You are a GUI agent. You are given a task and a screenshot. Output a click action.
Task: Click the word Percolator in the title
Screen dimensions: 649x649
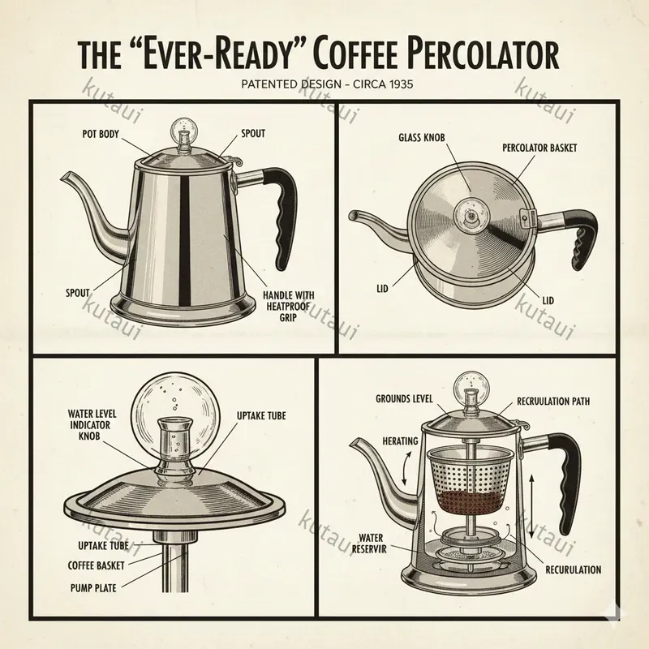[x=473, y=55]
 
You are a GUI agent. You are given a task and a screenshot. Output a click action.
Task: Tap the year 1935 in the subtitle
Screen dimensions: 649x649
[x=399, y=84]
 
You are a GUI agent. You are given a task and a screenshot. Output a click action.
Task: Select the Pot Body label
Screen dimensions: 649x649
[x=101, y=134]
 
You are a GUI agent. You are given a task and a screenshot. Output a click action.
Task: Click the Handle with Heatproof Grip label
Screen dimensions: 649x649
[x=288, y=307]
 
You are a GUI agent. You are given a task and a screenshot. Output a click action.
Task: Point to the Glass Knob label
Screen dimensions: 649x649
[x=422, y=137]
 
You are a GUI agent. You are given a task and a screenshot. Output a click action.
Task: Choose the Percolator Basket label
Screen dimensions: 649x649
[x=539, y=148]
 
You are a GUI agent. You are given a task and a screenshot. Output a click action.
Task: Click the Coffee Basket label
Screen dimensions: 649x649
[x=96, y=565]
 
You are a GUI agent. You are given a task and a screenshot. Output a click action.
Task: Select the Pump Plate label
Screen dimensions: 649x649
[x=93, y=587]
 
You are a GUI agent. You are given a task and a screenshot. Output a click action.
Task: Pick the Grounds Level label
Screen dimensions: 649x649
[x=404, y=398]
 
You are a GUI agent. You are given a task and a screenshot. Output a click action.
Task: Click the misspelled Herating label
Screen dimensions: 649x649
[x=400, y=441]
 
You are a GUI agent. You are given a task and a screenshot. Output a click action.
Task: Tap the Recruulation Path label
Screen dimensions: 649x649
[x=553, y=401]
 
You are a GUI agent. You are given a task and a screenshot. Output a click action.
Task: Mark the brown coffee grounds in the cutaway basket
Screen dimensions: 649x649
[x=471, y=500]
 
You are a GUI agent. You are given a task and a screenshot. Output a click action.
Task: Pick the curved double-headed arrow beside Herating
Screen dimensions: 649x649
[x=406, y=468]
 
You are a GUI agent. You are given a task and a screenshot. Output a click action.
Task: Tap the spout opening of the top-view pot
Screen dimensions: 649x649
[x=352, y=215]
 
